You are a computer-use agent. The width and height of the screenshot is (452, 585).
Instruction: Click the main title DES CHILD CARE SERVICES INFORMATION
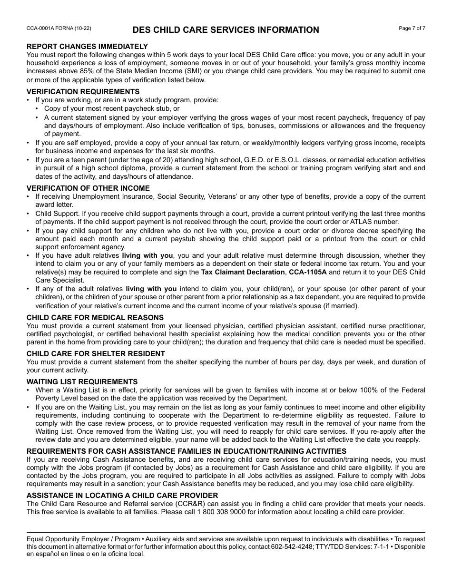(226, 30)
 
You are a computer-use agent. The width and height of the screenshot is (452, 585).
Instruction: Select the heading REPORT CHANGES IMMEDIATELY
(87, 46)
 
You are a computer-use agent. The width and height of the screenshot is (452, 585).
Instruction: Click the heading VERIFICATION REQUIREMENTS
(83, 92)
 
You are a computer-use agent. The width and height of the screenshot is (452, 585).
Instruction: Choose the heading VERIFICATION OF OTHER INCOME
(88, 188)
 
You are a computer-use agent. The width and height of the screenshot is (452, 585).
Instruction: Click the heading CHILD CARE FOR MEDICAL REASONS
(95, 317)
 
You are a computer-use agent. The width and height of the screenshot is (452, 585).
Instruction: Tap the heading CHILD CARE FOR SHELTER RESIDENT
(96, 353)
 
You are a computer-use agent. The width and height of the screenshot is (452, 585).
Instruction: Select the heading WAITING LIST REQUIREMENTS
(82, 382)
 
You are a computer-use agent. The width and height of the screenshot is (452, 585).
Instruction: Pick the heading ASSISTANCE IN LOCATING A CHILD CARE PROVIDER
(122, 495)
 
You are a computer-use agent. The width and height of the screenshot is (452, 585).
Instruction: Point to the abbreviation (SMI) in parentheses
(198, 71)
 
